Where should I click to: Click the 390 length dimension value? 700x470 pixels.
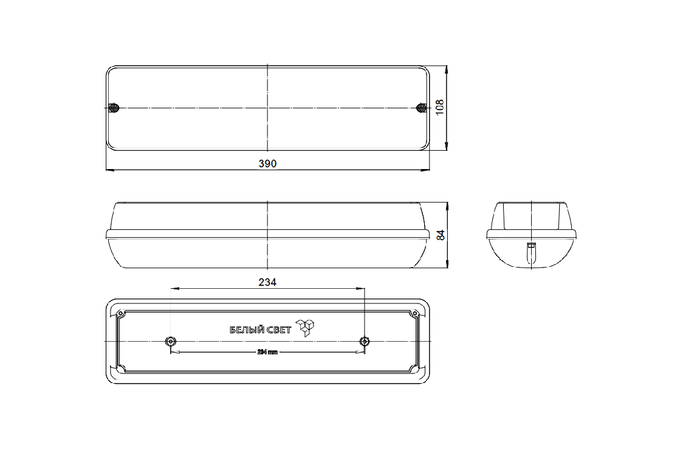[267, 164]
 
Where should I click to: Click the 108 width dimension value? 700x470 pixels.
[440, 108]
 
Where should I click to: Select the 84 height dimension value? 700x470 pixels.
[441, 235]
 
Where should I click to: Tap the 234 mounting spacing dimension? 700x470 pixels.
[267, 282]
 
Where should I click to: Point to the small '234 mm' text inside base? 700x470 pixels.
[267, 352]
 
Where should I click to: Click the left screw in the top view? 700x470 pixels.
[114, 108]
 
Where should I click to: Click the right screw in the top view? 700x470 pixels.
[421, 108]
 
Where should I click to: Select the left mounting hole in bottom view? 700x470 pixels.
[171, 342]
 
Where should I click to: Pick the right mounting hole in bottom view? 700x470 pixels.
[365, 342]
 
